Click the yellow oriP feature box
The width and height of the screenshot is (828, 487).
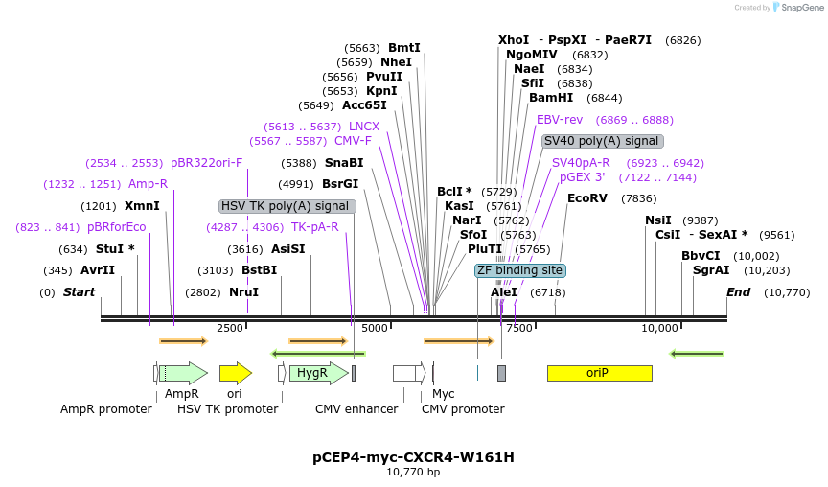pyautogui.click(x=599, y=373)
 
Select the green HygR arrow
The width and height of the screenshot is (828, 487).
pyautogui.click(x=317, y=373)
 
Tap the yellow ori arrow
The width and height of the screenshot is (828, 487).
pyautogui.click(x=235, y=373)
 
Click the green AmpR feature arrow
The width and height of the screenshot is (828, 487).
pyautogui.click(x=185, y=373)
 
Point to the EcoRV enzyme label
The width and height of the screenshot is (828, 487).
pyautogui.click(x=587, y=198)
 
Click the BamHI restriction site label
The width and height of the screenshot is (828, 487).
pyautogui.click(x=551, y=98)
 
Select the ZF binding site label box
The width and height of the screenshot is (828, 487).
pyautogui.click(x=520, y=270)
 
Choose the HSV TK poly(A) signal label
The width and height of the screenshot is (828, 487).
pyautogui.click(x=287, y=206)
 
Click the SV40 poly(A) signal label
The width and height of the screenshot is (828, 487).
pyautogui.click(x=602, y=141)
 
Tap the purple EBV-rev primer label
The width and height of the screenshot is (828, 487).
pyautogui.click(x=560, y=120)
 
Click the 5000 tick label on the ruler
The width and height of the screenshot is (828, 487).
pyautogui.click(x=375, y=328)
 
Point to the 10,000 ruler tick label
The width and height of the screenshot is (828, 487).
pyautogui.click(x=659, y=328)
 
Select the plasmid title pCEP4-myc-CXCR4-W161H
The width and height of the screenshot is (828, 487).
pyautogui.click(x=413, y=457)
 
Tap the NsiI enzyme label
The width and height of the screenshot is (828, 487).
pyautogui.click(x=658, y=220)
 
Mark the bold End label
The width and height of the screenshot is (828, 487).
pyautogui.click(x=738, y=291)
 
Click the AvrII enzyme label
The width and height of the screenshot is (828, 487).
pyautogui.click(x=98, y=270)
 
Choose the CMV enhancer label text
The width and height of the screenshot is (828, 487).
pyautogui.click(x=356, y=409)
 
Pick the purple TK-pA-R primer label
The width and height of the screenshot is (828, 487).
pyautogui.click(x=315, y=227)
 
